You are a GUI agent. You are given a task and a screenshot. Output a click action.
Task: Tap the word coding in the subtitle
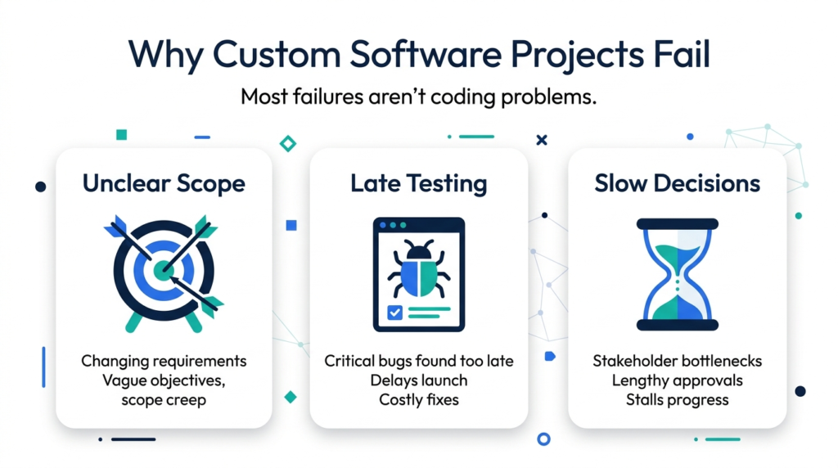(x=463, y=97)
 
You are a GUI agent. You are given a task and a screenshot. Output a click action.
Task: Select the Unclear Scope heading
(x=164, y=183)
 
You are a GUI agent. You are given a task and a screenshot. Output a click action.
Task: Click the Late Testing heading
(x=418, y=183)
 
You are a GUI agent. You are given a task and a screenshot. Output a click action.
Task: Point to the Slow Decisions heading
(x=677, y=183)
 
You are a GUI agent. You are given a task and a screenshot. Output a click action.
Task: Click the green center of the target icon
(x=163, y=270)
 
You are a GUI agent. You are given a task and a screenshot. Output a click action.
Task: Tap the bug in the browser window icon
(x=418, y=269)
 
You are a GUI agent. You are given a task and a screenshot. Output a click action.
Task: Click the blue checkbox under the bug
(x=394, y=312)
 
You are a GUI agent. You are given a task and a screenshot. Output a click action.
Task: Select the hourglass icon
(x=677, y=275)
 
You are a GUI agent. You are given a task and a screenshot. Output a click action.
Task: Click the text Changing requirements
(x=164, y=361)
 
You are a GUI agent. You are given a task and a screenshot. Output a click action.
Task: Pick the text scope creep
(x=164, y=400)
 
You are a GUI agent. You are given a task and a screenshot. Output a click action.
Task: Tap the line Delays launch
(x=418, y=380)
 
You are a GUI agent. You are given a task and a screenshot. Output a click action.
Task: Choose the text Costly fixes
(x=418, y=399)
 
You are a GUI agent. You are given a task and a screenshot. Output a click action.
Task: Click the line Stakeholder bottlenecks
(x=677, y=361)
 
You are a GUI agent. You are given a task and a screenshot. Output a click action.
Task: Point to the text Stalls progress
(x=677, y=400)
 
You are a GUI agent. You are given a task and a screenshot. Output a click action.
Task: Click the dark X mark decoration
(x=542, y=140)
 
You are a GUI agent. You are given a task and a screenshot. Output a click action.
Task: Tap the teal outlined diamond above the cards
(x=288, y=144)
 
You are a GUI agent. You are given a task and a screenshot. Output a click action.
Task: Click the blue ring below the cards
(x=543, y=439)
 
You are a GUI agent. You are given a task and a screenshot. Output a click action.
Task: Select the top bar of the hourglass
(x=677, y=224)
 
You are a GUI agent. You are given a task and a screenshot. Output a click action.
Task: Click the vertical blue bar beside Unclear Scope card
(x=44, y=367)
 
